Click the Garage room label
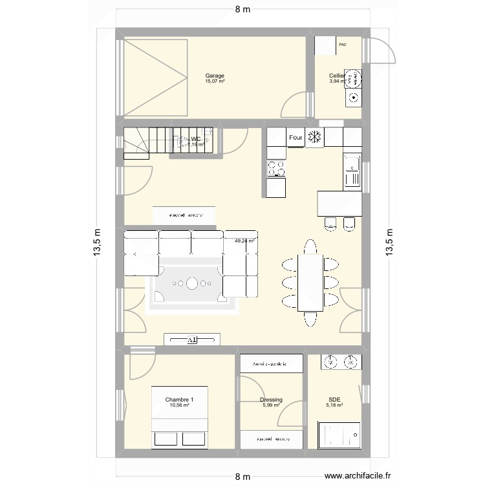point(215,75)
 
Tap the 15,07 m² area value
point(215,81)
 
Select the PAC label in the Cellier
point(342,45)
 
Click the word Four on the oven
point(296,137)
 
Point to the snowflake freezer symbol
point(316,137)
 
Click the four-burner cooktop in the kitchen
point(276,168)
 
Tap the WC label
point(196,139)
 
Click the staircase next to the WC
point(145,142)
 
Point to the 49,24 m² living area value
point(244,241)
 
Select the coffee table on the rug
point(193,283)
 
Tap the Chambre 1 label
point(179,400)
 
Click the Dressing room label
point(271,400)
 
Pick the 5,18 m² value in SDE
point(334,405)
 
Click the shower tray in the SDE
point(340,434)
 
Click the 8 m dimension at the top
point(242,8)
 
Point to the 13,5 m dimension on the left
point(98,242)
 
